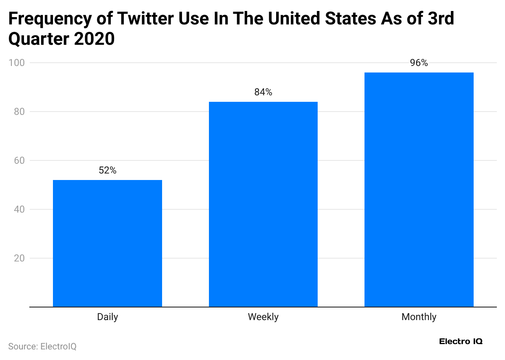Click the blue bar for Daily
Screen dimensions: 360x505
pos(108,243)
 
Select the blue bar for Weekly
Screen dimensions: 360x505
pos(263,204)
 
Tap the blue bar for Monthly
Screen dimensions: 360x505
pos(419,189)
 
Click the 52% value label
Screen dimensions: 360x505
pos(108,171)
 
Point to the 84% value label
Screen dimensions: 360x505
pos(263,92)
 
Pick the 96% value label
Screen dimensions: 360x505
pos(419,63)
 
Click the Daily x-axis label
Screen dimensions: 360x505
pos(108,317)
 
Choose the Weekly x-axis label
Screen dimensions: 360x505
pos(263,317)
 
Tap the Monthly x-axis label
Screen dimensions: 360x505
pos(419,317)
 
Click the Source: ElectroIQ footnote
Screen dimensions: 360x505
pos(42,347)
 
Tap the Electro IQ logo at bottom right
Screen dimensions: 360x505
pos(461,341)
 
